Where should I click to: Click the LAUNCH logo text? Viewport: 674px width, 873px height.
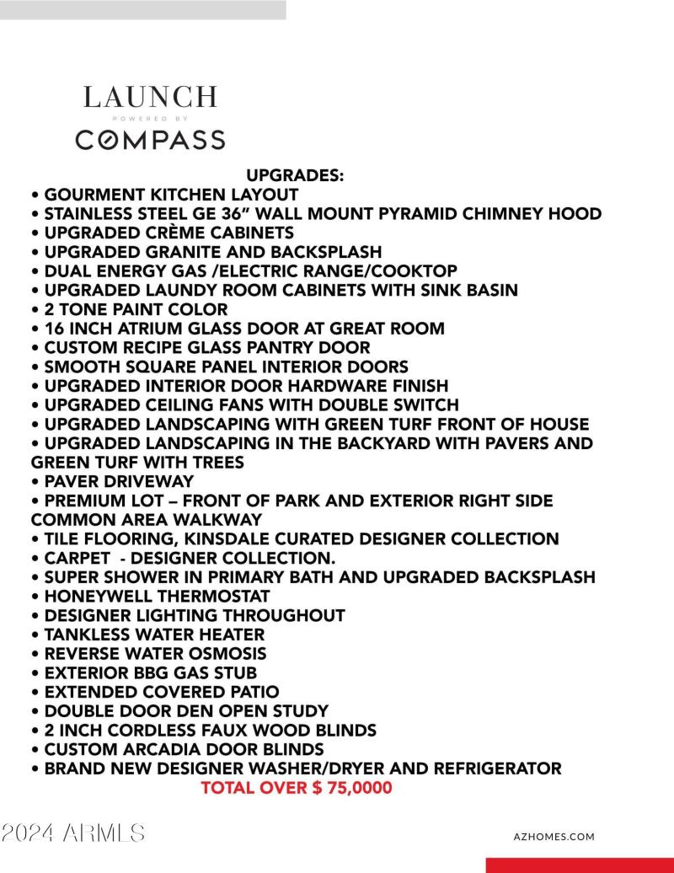click(150, 97)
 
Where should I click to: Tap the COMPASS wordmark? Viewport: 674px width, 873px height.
click(150, 140)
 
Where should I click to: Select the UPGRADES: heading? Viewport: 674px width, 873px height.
click(295, 175)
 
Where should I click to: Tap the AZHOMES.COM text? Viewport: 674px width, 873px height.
click(554, 837)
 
